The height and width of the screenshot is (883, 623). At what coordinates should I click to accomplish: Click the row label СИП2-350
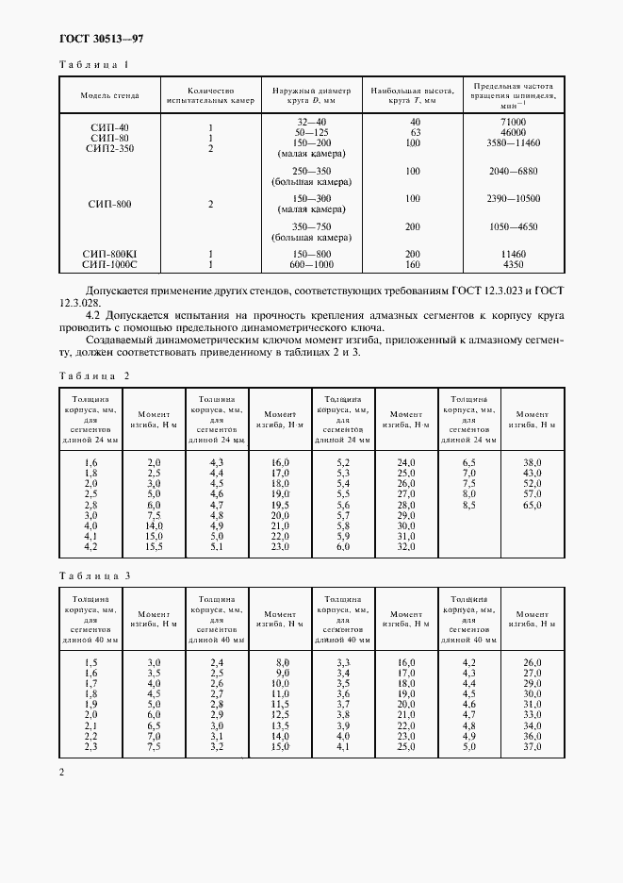[111, 149]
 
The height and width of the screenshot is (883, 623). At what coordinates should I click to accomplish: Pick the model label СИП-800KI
[111, 255]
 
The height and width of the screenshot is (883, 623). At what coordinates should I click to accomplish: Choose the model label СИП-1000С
[111, 265]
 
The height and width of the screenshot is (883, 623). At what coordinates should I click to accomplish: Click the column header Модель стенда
[111, 95]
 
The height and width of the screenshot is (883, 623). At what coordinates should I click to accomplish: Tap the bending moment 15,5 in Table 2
[155, 546]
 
